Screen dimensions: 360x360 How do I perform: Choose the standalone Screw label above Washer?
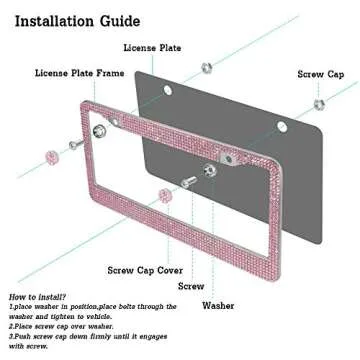191,286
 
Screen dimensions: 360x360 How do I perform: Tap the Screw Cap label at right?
322,74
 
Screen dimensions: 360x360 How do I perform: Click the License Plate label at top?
152,47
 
